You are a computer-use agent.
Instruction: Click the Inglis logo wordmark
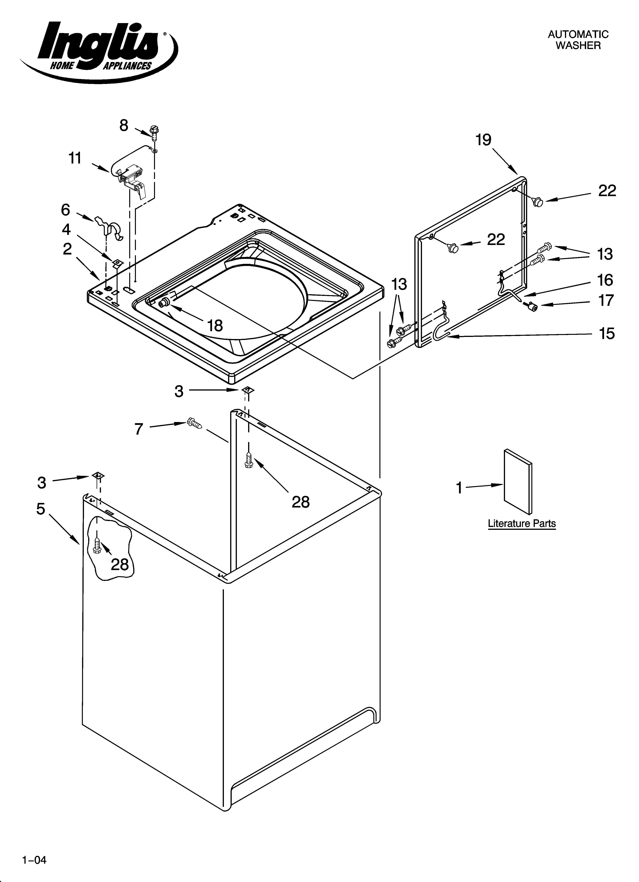coord(99,45)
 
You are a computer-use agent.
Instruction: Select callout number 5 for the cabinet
coord(41,509)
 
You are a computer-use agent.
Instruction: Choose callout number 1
coord(459,487)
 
